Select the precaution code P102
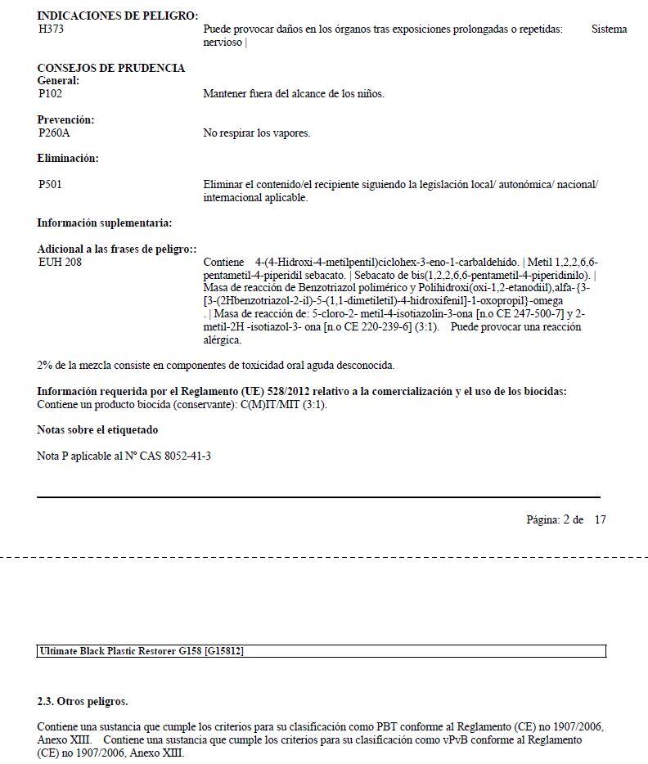coord(51,94)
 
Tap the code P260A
coord(55,133)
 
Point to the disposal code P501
coord(51,185)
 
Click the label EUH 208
coord(60,263)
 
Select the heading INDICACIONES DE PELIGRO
coord(118,16)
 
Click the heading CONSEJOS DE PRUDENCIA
coord(111,68)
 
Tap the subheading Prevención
coord(65,120)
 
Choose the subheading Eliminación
coord(68,159)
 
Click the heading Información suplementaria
coord(105,222)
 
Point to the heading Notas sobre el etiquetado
coord(97,429)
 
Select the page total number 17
coord(600,519)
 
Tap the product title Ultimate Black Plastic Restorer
coord(115,651)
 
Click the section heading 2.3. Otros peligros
coord(83,701)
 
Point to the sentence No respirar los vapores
coord(257,133)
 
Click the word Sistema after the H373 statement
coord(609,29)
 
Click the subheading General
coord(58,81)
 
